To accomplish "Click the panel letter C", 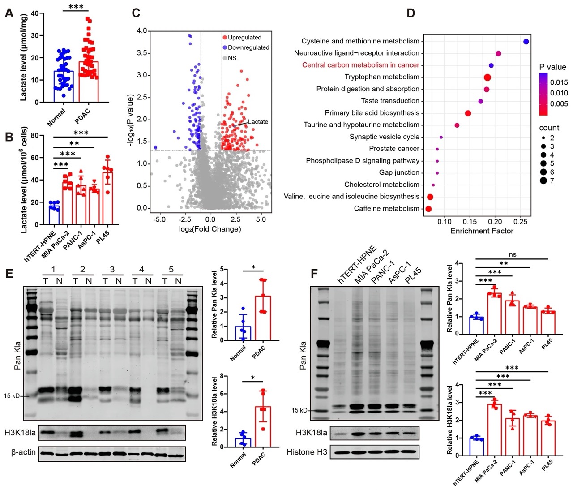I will [x=136, y=13].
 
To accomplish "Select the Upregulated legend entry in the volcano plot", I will [x=244, y=37].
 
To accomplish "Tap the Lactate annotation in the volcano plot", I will [x=258, y=121].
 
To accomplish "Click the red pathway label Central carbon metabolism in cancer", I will [x=361, y=65].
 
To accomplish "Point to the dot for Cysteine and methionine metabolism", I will [x=526, y=42].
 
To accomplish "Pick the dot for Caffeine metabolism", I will [x=428, y=209].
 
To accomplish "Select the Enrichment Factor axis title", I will [x=482, y=231].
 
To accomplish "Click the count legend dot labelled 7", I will [x=543, y=181].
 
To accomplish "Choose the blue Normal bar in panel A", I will [x=64, y=86].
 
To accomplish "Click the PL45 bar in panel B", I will [x=107, y=197].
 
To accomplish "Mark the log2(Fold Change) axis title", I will [x=210, y=229].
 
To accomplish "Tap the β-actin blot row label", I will [x=23, y=452].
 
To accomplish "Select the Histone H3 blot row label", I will [x=307, y=452].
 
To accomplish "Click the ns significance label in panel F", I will [x=513, y=254].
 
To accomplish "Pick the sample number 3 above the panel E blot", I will [x=112, y=270].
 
